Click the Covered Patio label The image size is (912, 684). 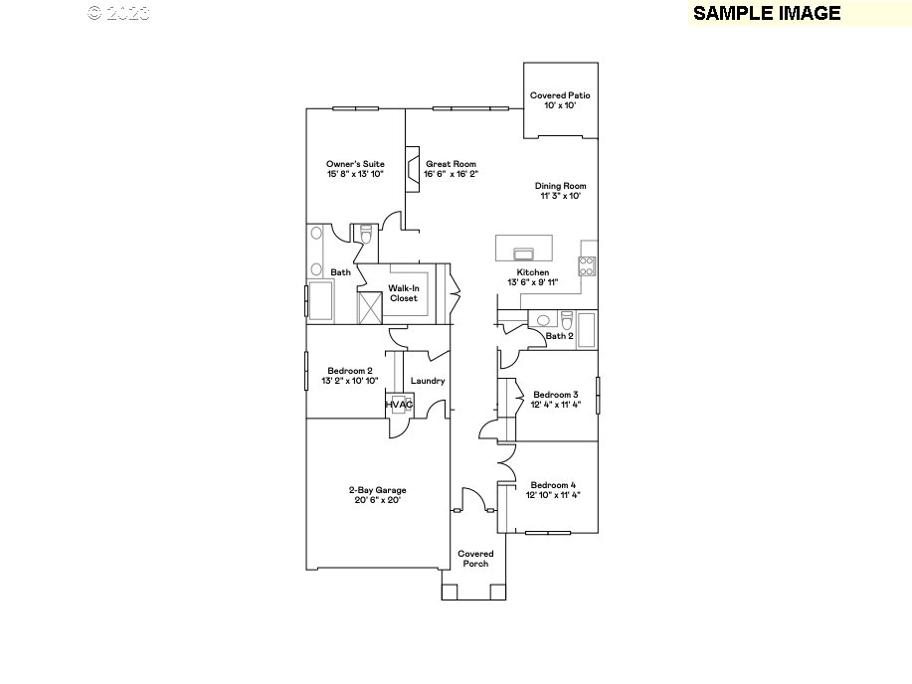[x=560, y=95]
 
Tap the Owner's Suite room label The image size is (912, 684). [x=355, y=164]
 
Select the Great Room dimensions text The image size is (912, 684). [x=451, y=174]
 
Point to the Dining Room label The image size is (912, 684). [x=560, y=186]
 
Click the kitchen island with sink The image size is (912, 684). [x=522, y=247]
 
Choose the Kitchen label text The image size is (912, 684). [x=532, y=272]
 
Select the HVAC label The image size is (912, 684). [x=399, y=405]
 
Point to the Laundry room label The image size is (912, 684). [x=428, y=381]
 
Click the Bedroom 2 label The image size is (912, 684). [x=349, y=371]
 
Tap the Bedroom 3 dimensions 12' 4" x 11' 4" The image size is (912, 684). [x=555, y=405]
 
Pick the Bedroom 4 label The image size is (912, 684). [x=554, y=484]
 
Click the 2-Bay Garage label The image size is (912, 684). [x=376, y=489]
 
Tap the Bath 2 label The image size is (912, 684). [x=559, y=336]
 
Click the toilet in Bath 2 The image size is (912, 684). [x=566, y=320]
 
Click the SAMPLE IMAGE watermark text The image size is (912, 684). [x=767, y=13]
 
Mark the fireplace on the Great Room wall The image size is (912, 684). [x=409, y=164]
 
